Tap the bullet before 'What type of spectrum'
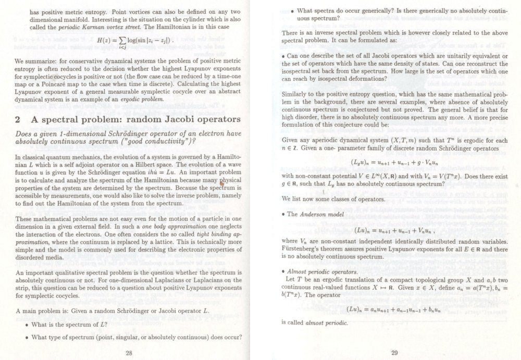coord(27,337)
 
